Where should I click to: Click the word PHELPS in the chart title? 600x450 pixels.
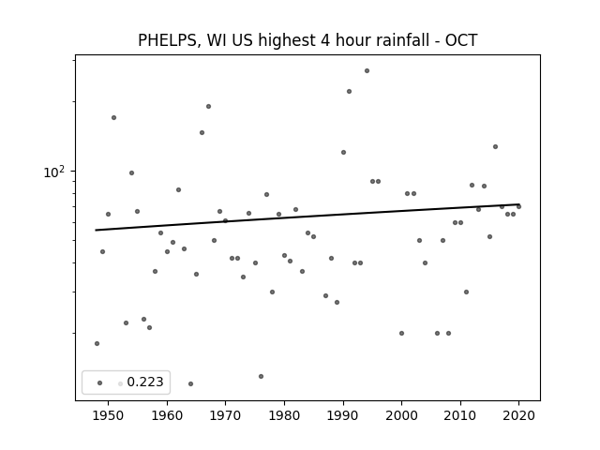coord(167,40)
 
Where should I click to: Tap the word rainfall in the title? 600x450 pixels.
coord(406,40)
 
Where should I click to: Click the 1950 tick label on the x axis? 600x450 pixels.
coord(108,415)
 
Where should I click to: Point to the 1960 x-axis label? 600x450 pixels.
coord(167,415)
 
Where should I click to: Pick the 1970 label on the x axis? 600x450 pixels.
coord(225,415)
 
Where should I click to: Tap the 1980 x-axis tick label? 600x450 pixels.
coord(284,415)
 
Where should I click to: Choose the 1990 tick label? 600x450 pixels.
coord(343,415)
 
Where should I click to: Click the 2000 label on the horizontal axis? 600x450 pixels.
coord(401,415)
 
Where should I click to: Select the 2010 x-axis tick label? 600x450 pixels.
coord(460,415)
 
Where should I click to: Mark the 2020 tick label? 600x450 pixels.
coord(518,415)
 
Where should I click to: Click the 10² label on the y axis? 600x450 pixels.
coord(54,172)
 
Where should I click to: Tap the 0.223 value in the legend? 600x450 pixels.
coord(145,382)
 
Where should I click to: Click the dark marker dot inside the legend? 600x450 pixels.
coord(99,382)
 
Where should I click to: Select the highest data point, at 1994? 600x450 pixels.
coord(367,71)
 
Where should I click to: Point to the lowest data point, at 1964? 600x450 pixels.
coord(190,383)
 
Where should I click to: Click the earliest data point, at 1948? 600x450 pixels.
coord(97,344)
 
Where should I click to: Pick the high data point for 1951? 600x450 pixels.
coord(113,117)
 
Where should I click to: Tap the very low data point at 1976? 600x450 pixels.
coord(261,377)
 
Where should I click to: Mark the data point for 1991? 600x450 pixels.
coord(349,92)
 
